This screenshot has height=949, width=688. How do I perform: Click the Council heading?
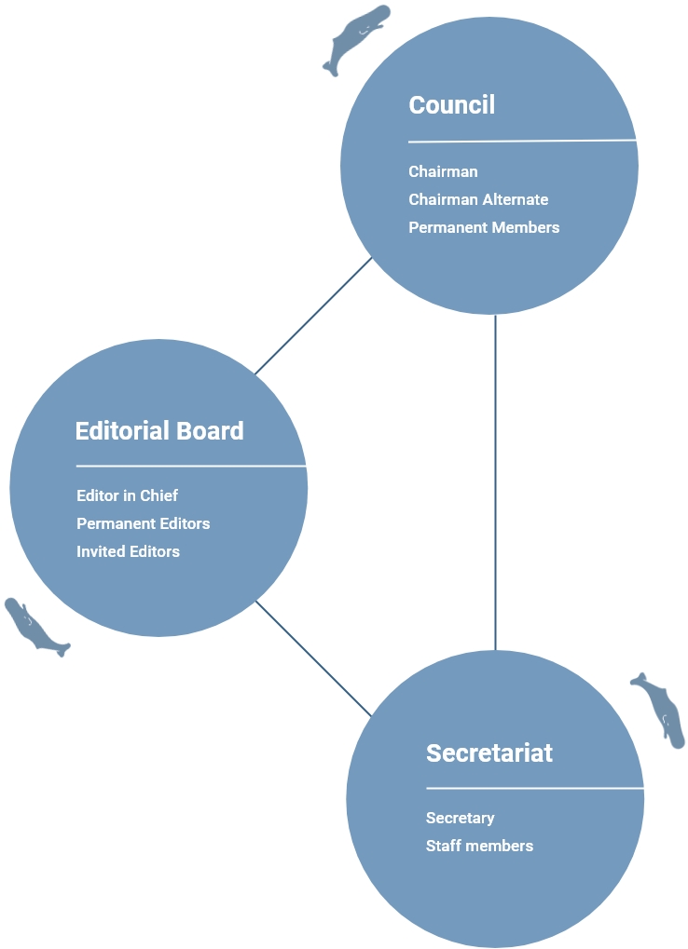click(452, 104)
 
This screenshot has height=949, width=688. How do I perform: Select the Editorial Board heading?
click(159, 431)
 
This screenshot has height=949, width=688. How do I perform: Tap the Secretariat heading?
click(489, 752)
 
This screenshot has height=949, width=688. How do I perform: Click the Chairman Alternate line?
click(478, 199)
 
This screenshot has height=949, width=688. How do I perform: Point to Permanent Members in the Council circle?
click(484, 227)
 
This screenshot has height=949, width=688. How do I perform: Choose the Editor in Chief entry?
click(127, 495)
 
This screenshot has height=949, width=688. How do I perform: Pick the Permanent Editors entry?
click(143, 522)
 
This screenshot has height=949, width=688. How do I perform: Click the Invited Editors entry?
click(128, 550)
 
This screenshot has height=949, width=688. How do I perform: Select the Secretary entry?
click(461, 819)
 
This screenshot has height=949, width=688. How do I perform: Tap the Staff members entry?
click(480, 846)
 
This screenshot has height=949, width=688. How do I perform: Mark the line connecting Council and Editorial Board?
click(314, 316)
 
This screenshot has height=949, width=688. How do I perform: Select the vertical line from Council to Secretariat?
click(495, 482)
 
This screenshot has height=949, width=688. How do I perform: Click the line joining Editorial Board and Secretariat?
click(314, 658)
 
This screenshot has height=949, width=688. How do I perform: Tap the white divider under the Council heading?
click(523, 141)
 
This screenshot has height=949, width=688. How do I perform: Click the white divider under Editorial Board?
click(191, 466)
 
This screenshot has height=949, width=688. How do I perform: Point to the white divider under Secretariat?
click(535, 789)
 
